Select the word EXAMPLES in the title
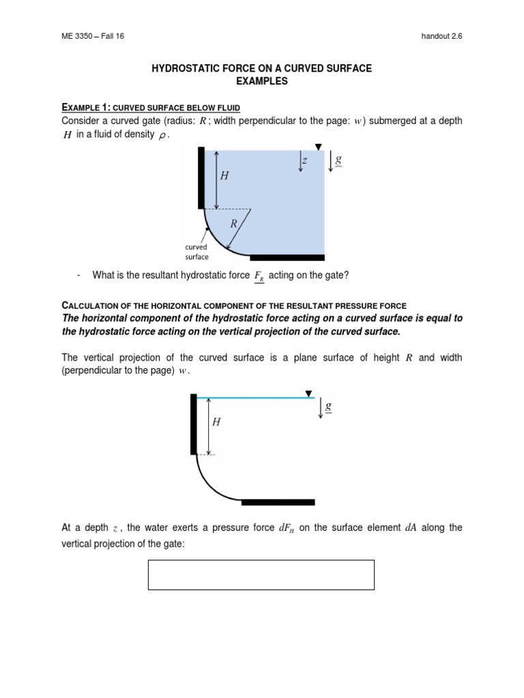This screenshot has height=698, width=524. coord(261,81)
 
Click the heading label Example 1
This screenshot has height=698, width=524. coord(83,107)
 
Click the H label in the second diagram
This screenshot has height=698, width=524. coord(216,423)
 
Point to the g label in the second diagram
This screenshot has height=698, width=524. coord(328,406)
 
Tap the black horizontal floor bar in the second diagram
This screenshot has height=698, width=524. coord(278,502)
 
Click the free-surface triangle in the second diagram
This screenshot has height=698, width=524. coord(309,393)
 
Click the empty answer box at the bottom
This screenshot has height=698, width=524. coord(261,574)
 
